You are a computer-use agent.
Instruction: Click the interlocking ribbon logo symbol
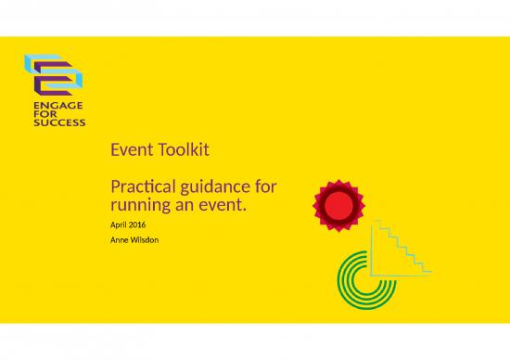(x=48, y=75)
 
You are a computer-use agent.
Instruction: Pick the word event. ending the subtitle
(x=223, y=204)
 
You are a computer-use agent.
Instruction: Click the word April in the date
(x=118, y=225)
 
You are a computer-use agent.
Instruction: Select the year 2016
(x=137, y=225)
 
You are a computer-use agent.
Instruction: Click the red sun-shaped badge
(x=339, y=204)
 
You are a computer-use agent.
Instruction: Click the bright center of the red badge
(x=339, y=204)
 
